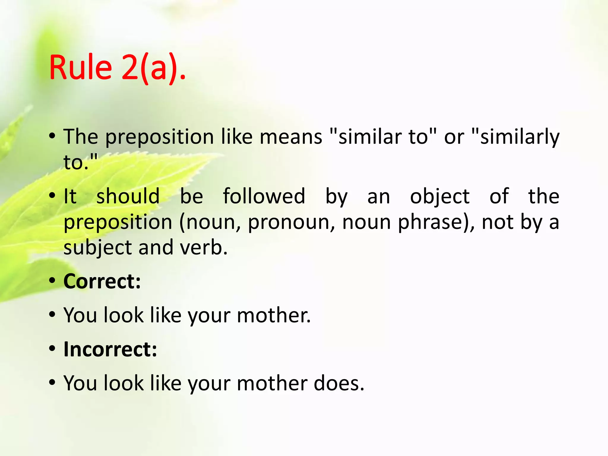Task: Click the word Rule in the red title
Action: (80, 68)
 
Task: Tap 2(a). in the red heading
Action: (153, 68)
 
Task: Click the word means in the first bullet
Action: (291, 137)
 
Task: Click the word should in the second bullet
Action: (128, 197)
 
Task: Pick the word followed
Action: (264, 197)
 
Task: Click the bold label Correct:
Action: (102, 281)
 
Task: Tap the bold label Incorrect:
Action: (110, 349)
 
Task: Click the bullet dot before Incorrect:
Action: (53, 348)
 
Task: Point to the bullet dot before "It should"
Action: (53, 196)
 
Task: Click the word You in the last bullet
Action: (80, 383)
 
